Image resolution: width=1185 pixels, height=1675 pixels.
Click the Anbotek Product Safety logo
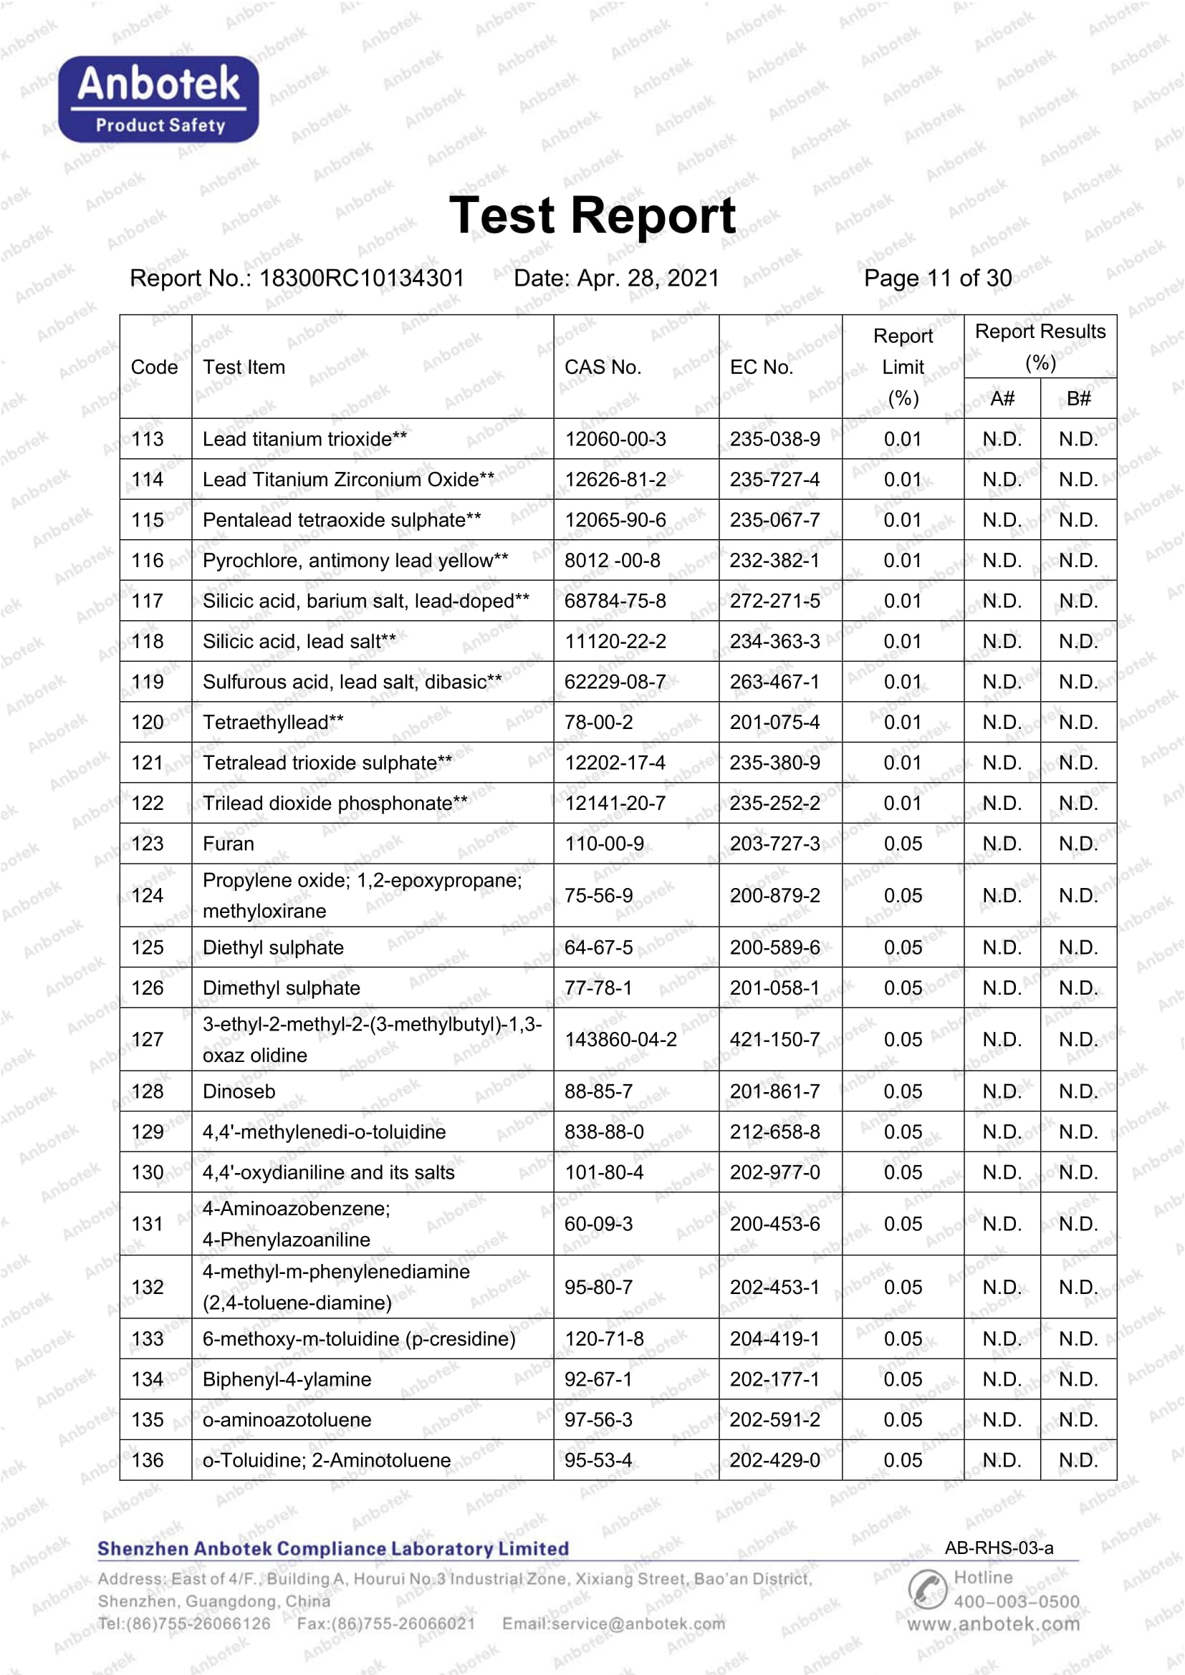pos(158,100)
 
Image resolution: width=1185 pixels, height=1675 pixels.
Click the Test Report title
pos(592,216)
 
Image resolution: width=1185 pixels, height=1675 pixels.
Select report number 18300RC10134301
pos(362,278)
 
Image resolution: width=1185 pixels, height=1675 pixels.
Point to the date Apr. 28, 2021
pos(648,278)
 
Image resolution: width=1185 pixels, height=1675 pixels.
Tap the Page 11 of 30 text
pos(938,278)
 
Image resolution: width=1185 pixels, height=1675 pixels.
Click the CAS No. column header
pos(603,367)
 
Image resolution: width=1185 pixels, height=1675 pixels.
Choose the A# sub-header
pos(1002,398)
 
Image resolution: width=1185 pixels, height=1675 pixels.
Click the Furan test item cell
pos(229,844)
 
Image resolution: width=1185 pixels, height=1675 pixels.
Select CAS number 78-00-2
pos(598,723)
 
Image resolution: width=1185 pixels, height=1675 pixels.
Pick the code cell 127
pos(148,1039)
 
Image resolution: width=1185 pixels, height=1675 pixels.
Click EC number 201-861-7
pos(775,1091)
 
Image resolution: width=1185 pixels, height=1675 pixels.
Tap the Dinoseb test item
pos(239,1091)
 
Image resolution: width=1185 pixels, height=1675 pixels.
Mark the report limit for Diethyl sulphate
pos(903,947)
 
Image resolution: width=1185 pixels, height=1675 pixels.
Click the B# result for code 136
pos(1078,1460)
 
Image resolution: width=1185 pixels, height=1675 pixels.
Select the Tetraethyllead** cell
pos(273,723)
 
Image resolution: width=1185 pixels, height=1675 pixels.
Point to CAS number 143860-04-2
pos(621,1039)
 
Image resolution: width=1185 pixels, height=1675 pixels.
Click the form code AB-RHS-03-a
pos(999,1548)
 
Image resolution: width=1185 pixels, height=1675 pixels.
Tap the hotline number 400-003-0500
pos(1017,1601)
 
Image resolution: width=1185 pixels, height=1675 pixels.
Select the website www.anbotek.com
pos(993,1624)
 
